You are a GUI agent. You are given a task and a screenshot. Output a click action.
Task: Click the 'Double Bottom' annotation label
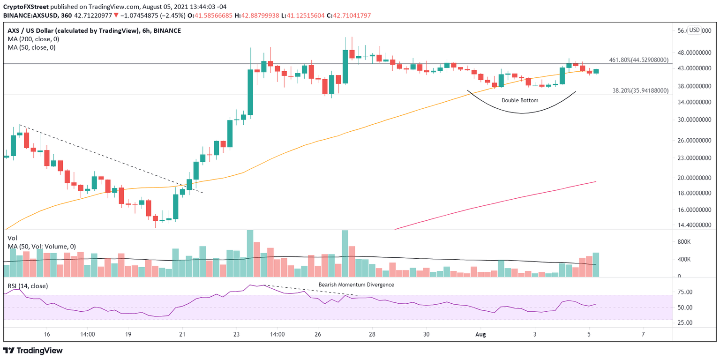[x=520, y=100]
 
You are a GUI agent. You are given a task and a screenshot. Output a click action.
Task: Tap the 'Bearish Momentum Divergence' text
[x=356, y=285]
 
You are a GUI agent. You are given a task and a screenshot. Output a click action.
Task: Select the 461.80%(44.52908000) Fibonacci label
[x=638, y=60]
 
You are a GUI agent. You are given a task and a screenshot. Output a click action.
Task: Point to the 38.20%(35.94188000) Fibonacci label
[x=640, y=91]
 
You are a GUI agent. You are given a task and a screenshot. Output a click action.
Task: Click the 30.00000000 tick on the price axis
[x=693, y=120]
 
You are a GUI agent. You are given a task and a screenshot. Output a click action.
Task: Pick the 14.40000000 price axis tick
[x=693, y=225]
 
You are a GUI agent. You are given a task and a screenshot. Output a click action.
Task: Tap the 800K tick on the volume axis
[x=686, y=242]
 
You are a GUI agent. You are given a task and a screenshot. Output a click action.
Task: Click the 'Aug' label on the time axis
[x=480, y=334]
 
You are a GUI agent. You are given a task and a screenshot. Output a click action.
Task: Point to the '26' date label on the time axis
[x=318, y=334]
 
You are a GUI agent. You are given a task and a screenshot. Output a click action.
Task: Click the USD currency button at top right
[x=694, y=30]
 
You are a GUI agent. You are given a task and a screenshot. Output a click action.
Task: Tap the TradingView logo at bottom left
[x=33, y=350]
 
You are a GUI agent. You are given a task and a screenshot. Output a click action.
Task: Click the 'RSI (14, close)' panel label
[x=28, y=286]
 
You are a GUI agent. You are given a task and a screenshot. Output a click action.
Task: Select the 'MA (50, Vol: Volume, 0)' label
[x=42, y=247]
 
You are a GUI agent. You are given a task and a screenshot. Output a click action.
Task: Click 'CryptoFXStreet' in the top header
[x=25, y=6]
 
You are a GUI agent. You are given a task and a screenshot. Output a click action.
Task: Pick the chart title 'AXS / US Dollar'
[x=36, y=30]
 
